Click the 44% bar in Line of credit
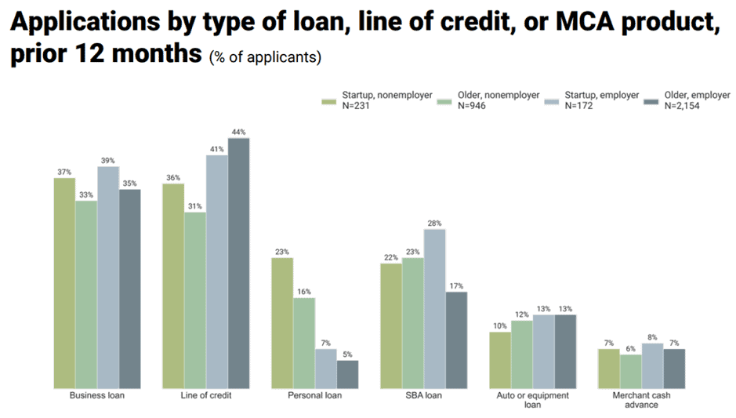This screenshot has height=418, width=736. [x=238, y=264]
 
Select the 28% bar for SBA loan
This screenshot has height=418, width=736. [x=434, y=309]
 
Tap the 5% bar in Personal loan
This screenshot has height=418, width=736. [x=347, y=374]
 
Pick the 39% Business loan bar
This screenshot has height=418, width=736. [x=108, y=278]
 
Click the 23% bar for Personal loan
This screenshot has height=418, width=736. [x=282, y=323]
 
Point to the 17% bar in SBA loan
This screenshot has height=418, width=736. [x=456, y=340]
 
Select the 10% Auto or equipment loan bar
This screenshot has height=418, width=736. [x=500, y=360]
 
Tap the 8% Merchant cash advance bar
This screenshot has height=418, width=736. [x=652, y=365]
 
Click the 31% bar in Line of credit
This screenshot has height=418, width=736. [x=195, y=300]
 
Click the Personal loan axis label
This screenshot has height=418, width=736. [x=314, y=395]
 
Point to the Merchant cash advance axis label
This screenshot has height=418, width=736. [x=641, y=400]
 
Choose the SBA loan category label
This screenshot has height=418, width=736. [x=423, y=395]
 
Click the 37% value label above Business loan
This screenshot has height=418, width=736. [x=64, y=173]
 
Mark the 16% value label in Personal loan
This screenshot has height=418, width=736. [x=303, y=293]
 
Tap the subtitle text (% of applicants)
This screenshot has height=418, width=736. [x=266, y=58]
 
